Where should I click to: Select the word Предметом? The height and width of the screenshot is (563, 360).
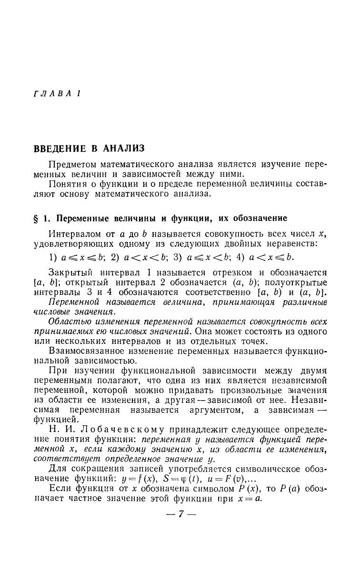tap(73, 164)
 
